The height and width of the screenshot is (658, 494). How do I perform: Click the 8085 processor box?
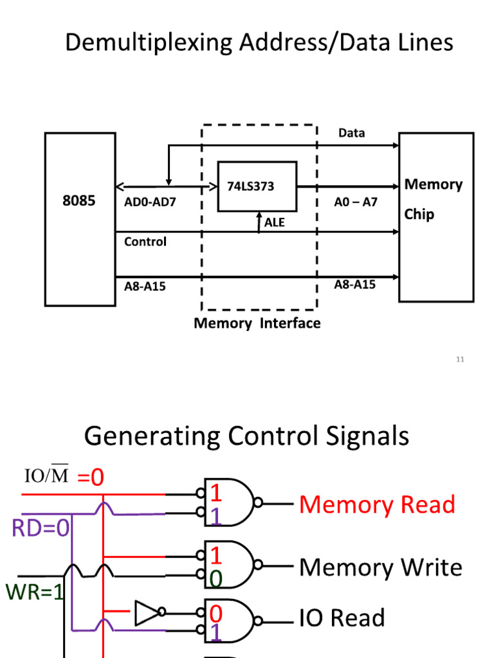click(80, 218)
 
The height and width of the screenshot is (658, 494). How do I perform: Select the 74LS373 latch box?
click(257, 186)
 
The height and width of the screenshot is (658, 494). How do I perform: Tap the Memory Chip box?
click(436, 217)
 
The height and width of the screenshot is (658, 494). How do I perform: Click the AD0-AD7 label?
click(150, 202)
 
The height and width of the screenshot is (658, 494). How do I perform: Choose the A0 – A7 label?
click(356, 202)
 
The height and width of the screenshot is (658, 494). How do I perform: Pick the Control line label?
click(145, 242)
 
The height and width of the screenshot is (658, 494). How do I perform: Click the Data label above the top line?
click(352, 133)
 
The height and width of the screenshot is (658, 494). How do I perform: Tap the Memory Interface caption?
click(257, 323)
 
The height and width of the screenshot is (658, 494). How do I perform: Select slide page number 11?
click(460, 359)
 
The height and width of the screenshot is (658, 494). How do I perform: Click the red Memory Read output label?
click(377, 504)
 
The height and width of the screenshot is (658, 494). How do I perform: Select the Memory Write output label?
click(381, 567)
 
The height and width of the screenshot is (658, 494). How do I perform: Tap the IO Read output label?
click(342, 618)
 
